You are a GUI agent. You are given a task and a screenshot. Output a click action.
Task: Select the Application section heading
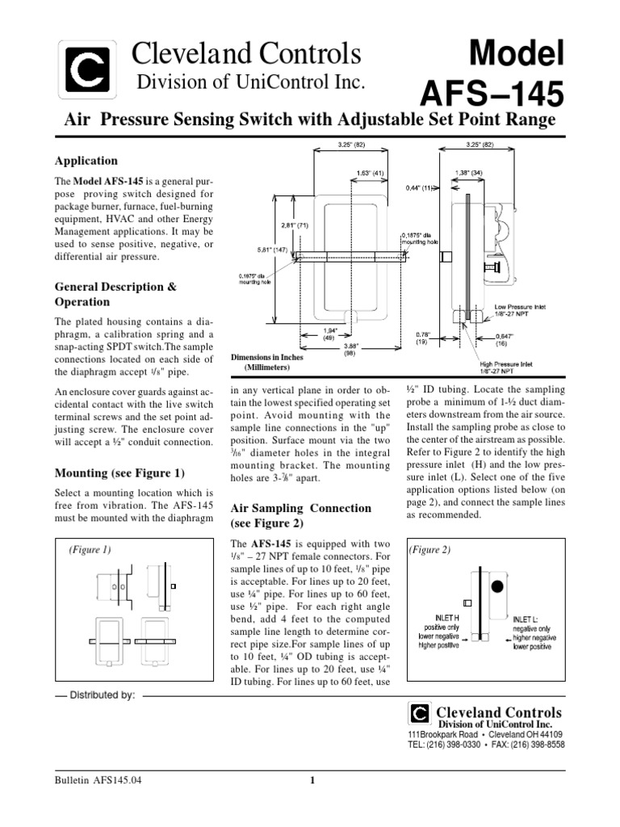(86, 161)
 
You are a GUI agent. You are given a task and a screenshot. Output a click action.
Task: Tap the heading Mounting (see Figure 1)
(119, 472)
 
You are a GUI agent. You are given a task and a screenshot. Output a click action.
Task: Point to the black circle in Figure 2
(498, 584)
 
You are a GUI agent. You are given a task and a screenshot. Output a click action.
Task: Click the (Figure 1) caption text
(90, 550)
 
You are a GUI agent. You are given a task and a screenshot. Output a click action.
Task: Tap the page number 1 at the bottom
(312, 779)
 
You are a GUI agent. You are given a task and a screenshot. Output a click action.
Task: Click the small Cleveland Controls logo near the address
(419, 713)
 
